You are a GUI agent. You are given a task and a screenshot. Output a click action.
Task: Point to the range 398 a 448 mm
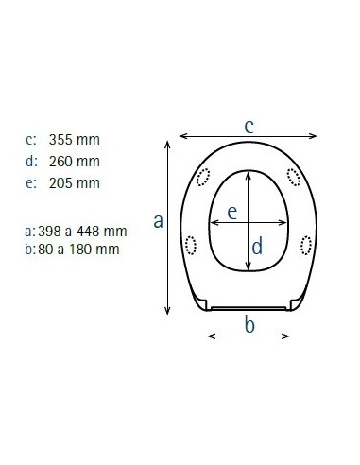point(83,231)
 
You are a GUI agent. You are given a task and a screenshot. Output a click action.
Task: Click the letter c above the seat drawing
point(248,125)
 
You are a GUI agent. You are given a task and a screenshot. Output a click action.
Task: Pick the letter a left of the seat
point(159,221)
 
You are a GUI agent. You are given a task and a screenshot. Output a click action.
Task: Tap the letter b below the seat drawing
point(249,326)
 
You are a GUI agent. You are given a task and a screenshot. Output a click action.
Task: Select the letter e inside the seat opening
point(231,214)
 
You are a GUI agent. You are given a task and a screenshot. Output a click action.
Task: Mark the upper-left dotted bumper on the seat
point(203,176)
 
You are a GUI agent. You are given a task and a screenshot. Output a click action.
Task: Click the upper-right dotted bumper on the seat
point(294,176)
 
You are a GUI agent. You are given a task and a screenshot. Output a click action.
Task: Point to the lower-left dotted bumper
point(194,246)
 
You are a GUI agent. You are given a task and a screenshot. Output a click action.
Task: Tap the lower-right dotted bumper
point(304,246)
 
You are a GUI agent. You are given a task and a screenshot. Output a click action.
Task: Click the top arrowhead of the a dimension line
point(169,143)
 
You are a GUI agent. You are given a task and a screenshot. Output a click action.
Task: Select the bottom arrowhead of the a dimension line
point(169,314)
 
